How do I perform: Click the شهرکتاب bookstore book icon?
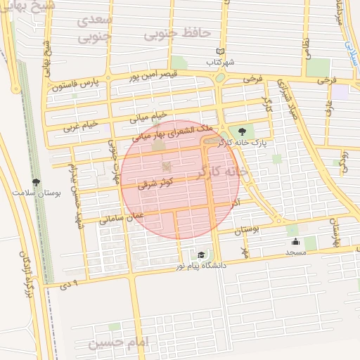coord(220,51)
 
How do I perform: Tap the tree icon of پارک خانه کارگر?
coord(243,131)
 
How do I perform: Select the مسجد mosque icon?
coord(295,242)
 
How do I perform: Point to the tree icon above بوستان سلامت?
coord(36,181)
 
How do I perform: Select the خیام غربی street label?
coord(78,127)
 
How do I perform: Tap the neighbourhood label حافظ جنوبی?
coord(167,33)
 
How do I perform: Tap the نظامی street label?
coord(306,51)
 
